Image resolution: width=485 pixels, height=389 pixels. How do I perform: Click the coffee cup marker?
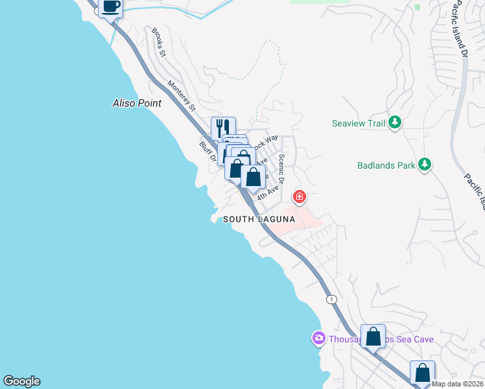tap(111, 7)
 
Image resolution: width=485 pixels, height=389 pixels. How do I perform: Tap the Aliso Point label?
tap(136, 103)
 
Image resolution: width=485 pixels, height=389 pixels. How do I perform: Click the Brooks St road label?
tap(159, 41)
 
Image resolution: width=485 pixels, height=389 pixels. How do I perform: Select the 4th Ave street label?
tap(268, 193)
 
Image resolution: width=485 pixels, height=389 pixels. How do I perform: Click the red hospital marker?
tap(299, 196)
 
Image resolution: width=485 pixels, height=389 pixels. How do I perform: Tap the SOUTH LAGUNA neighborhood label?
tap(259, 220)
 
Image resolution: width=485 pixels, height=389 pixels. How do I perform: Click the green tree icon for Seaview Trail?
tap(394, 123)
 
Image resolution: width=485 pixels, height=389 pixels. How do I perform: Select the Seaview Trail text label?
tap(359, 123)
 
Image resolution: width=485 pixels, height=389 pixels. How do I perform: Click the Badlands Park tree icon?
tap(425, 165)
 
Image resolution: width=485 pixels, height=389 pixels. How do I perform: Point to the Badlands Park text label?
tap(386, 165)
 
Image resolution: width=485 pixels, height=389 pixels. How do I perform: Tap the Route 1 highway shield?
tap(332, 299)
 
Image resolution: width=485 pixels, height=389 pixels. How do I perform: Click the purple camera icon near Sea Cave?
tap(318, 338)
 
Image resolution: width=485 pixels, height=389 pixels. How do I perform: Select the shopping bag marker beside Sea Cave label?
tap(373, 336)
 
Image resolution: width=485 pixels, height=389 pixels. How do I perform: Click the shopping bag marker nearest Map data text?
tap(422, 373)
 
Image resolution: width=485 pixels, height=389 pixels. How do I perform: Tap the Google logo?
tap(21, 381)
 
